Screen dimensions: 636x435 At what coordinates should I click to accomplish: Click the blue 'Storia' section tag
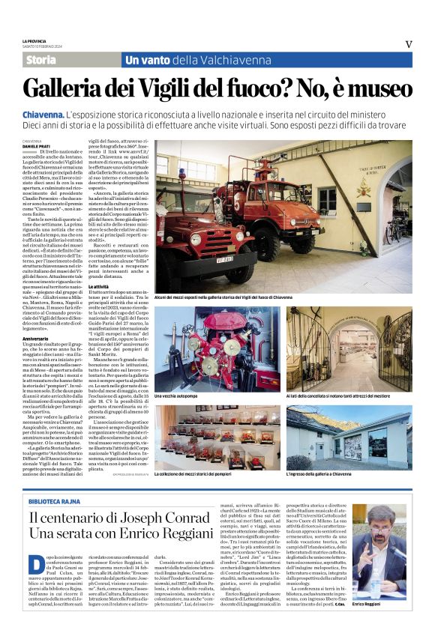[40, 59]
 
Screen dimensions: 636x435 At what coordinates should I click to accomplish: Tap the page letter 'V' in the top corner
[409, 43]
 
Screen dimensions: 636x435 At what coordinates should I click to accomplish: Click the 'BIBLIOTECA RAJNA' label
[52, 500]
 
